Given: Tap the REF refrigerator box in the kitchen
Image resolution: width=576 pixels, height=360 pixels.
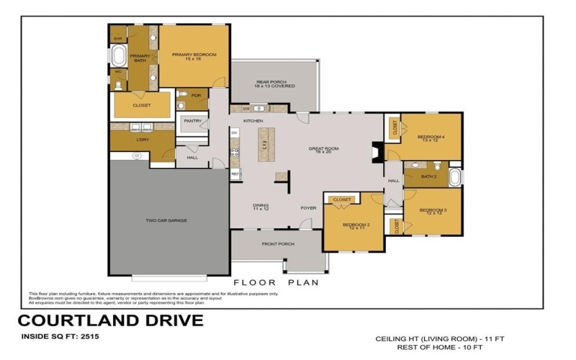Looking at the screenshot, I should point(235,174).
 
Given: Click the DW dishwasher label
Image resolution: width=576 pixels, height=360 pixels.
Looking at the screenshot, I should point(235,109).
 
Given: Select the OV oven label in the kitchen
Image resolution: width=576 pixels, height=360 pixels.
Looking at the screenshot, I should point(235,133).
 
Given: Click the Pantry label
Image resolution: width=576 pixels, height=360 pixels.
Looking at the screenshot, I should point(192,121).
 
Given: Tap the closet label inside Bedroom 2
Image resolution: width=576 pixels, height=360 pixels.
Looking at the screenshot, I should point(343,199).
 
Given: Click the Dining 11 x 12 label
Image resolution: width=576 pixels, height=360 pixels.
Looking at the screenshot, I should point(261,207).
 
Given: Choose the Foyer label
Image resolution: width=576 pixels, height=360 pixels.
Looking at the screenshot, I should point(308,208).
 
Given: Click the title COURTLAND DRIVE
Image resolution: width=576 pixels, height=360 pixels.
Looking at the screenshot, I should point(110,320).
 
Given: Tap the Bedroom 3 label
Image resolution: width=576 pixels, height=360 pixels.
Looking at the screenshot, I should point(434,212).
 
